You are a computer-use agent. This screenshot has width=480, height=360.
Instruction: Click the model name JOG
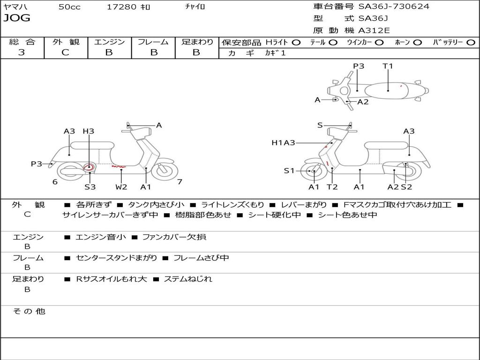pyautogui.click(x=16, y=18)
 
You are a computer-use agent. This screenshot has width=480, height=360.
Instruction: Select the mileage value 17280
pyautogui.click(x=121, y=7)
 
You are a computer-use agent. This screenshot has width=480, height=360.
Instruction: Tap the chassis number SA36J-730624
pyautogui.click(x=394, y=7)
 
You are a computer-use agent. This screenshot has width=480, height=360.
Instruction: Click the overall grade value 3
pyautogui.click(x=22, y=52)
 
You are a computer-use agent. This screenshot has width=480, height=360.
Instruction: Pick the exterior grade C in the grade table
pyautogui.click(x=65, y=52)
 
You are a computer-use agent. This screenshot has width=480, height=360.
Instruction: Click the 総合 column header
pyautogui.click(x=22, y=42)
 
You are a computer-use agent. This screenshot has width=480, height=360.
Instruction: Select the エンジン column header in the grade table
pyautogui.click(x=109, y=42)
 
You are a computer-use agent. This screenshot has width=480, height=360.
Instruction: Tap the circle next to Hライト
pyautogui.click(x=296, y=42)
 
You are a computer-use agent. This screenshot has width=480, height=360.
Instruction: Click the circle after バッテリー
pyautogui.click(x=471, y=42)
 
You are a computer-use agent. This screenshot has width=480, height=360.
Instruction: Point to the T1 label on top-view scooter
pyautogui.click(x=388, y=66)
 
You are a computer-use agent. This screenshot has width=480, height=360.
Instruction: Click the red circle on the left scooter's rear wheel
pyautogui.click(x=89, y=167)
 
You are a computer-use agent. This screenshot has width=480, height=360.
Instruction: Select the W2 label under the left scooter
pyautogui.click(x=121, y=187)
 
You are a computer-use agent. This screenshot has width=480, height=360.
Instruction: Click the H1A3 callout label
pyautogui.click(x=283, y=142)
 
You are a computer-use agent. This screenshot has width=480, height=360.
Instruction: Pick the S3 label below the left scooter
pyautogui.click(x=90, y=187)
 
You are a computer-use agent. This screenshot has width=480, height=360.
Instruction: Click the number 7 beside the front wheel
pyautogui.click(x=180, y=182)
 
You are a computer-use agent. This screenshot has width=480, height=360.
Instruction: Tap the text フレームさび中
pyautogui.click(x=201, y=258)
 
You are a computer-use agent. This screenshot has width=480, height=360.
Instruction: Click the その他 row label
pyautogui.click(x=29, y=311)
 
